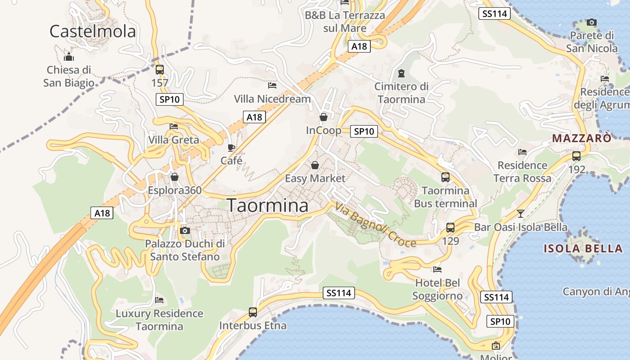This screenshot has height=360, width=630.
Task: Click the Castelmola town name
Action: [92, 31]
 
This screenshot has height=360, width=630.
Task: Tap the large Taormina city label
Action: [268, 205]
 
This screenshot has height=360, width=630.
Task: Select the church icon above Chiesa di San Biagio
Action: [69, 57]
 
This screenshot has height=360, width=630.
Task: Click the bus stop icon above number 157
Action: [159, 70]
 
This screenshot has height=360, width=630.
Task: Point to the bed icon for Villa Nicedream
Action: [272, 85]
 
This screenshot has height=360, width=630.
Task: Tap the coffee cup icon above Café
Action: [231, 148]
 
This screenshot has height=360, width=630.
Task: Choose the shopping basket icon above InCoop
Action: [324, 117]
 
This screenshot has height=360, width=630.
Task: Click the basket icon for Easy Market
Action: [315, 165]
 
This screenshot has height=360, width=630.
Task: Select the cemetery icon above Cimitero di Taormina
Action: [401, 73]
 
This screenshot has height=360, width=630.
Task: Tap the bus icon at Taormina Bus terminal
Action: [445, 177]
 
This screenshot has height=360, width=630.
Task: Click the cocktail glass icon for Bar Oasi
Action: [521, 213]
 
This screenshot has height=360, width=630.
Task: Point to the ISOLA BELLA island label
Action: [583, 248]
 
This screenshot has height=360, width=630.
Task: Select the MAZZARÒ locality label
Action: [582, 138]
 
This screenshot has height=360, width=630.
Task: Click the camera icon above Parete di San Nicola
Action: [592, 22]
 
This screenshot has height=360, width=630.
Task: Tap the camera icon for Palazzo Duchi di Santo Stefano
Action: [184, 231]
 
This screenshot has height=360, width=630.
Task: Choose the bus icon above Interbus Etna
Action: [253, 312]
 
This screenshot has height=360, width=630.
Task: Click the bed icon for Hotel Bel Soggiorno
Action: [437, 270]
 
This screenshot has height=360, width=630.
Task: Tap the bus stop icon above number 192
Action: [576, 156]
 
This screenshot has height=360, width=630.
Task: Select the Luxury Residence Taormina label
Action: [160, 320]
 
